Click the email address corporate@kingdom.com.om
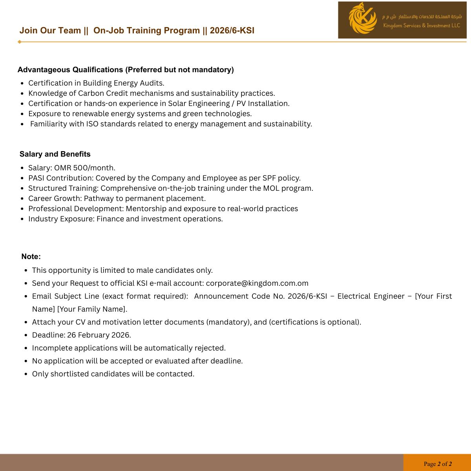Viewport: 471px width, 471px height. (257, 283)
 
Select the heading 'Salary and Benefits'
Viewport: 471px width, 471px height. (55, 154)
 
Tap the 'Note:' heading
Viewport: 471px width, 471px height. (31, 257)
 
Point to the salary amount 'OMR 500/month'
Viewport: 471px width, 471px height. (84, 168)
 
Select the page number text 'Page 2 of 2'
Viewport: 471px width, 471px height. (438, 464)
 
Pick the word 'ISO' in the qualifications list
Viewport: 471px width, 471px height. (92, 124)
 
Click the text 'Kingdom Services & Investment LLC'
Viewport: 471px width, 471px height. (422, 26)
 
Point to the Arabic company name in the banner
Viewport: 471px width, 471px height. (422, 16)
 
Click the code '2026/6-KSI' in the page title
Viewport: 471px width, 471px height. (232, 31)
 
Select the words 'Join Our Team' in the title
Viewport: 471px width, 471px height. (50, 31)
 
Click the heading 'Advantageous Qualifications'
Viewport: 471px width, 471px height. (70, 70)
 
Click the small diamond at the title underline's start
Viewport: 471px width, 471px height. (19, 42)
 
